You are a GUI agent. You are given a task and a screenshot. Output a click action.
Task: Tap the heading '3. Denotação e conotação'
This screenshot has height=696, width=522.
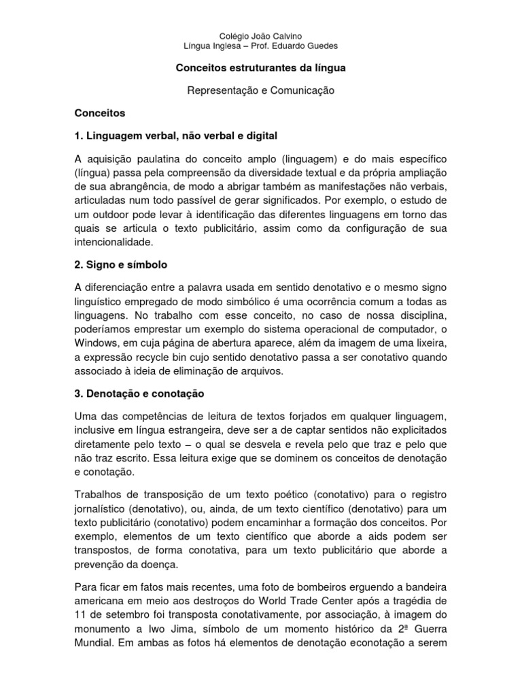coord(138,393)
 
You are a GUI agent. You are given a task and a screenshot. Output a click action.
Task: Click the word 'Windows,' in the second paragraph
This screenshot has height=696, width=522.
coord(96,344)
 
